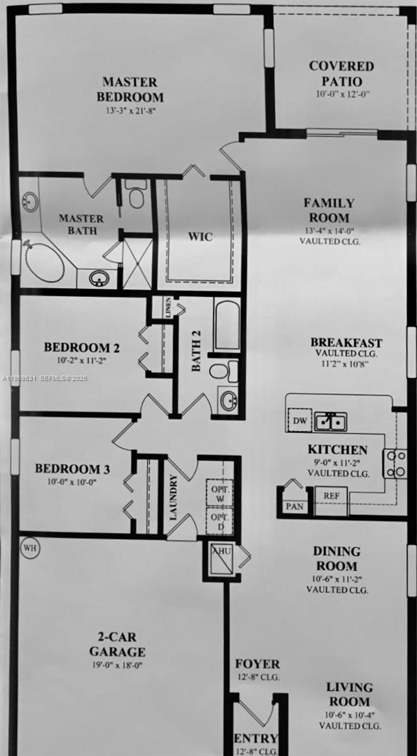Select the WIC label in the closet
click(199, 237)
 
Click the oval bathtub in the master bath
click(44, 261)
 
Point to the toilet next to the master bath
click(136, 195)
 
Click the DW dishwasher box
click(300, 420)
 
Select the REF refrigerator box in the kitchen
click(331, 496)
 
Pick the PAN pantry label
click(294, 506)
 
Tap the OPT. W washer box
click(220, 493)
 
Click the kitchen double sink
click(331, 420)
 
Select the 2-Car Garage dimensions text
click(117, 665)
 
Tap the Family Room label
click(329, 210)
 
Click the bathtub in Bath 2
click(227, 326)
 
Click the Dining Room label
click(337, 559)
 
